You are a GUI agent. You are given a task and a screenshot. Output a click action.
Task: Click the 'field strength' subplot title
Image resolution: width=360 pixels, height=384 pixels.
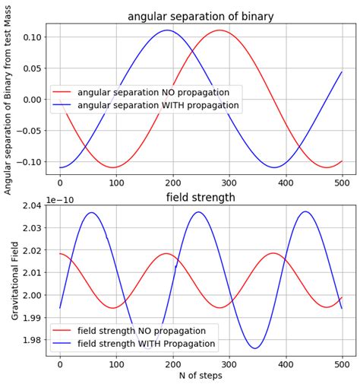201,198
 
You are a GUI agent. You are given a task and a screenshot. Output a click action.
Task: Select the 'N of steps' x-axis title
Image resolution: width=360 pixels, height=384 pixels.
201,376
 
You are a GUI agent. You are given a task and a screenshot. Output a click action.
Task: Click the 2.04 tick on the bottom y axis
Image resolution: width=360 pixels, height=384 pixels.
30,205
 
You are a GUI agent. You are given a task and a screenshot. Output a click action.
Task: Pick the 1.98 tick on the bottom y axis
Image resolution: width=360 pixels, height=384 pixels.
30,340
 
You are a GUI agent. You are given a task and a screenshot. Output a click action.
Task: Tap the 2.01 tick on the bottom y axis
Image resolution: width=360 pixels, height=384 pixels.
30,273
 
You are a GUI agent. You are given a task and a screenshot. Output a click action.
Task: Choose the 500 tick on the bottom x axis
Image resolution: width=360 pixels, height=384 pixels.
342,363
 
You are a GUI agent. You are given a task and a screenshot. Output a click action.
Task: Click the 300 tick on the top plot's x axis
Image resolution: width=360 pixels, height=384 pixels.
229,182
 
